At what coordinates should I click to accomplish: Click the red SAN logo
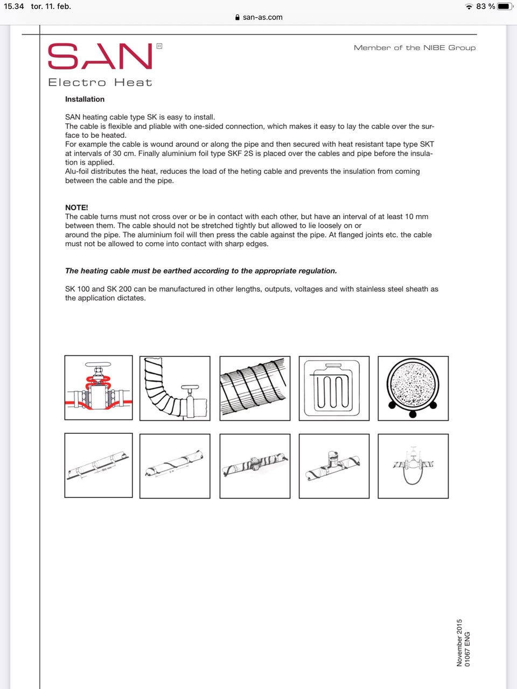pos(100,56)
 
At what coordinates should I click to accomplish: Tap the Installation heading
pos(85,99)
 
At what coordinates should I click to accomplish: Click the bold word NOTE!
pos(76,207)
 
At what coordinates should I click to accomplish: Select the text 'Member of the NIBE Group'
pos(415,48)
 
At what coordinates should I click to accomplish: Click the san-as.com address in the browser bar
pos(263,17)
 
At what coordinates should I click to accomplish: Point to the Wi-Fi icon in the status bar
pos(469,6)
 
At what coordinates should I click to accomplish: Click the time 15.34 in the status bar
pos(14,6)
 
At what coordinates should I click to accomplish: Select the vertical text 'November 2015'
pos(459,643)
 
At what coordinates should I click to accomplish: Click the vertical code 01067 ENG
pos(467,649)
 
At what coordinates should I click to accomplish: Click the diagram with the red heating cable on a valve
pos(99,388)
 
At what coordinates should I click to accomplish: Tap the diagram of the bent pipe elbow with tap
pos(174,388)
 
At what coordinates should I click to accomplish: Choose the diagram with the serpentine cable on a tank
pos(334,388)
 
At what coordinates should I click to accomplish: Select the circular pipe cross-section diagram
pos(413,388)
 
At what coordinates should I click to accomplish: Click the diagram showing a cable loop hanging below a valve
pos(413,466)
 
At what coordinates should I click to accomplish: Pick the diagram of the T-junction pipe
pos(334,466)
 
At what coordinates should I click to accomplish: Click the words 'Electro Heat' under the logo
pos(100,82)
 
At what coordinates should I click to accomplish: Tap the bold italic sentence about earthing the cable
pos(201,271)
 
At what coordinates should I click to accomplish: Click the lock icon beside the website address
pos(237,17)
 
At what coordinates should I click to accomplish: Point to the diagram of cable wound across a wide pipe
pos(255,388)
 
